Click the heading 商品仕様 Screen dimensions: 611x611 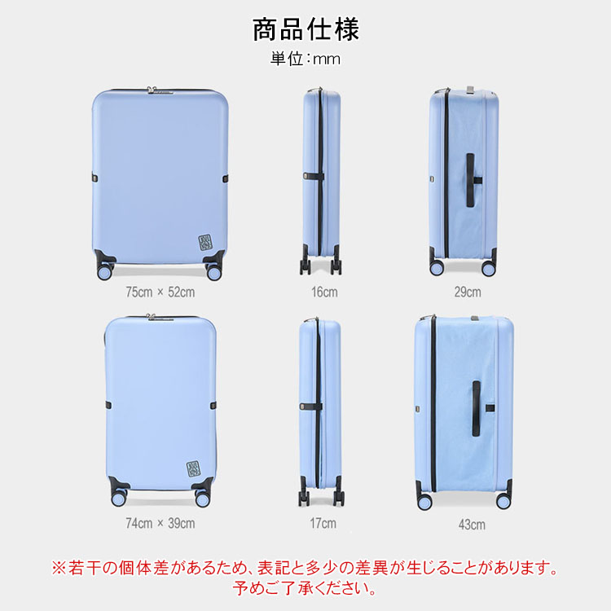tap(305, 29)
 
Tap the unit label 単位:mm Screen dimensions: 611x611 tap(305, 59)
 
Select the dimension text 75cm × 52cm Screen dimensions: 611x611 tap(160, 292)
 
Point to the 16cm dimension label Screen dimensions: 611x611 tap(324, 292)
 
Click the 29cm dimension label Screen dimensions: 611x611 tap(468, 292)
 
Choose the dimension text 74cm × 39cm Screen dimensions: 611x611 tap(160, 523)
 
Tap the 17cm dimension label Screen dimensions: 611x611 tap(323, 523)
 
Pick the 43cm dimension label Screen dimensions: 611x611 tap(472, 525)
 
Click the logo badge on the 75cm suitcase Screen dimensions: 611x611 tap(205, 243)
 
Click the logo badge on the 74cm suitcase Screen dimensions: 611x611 tap(194, 469)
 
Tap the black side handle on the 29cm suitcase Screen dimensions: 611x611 tap(472, 180)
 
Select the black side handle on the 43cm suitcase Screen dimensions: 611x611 tap(477, 408)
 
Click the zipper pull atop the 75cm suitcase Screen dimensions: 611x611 tap(152, 90)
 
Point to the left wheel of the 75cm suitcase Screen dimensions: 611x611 tap(105, 271)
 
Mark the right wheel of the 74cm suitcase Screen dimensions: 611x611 tap(203, 499)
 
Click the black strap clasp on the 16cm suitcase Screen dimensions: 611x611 tap(314, 177)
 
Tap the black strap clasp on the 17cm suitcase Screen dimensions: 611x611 tap(311, 407)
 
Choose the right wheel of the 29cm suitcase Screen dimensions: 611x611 tap(489, 268)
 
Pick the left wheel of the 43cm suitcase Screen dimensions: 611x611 tap(424, 502)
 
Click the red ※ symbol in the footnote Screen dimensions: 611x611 tap(59, 568)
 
